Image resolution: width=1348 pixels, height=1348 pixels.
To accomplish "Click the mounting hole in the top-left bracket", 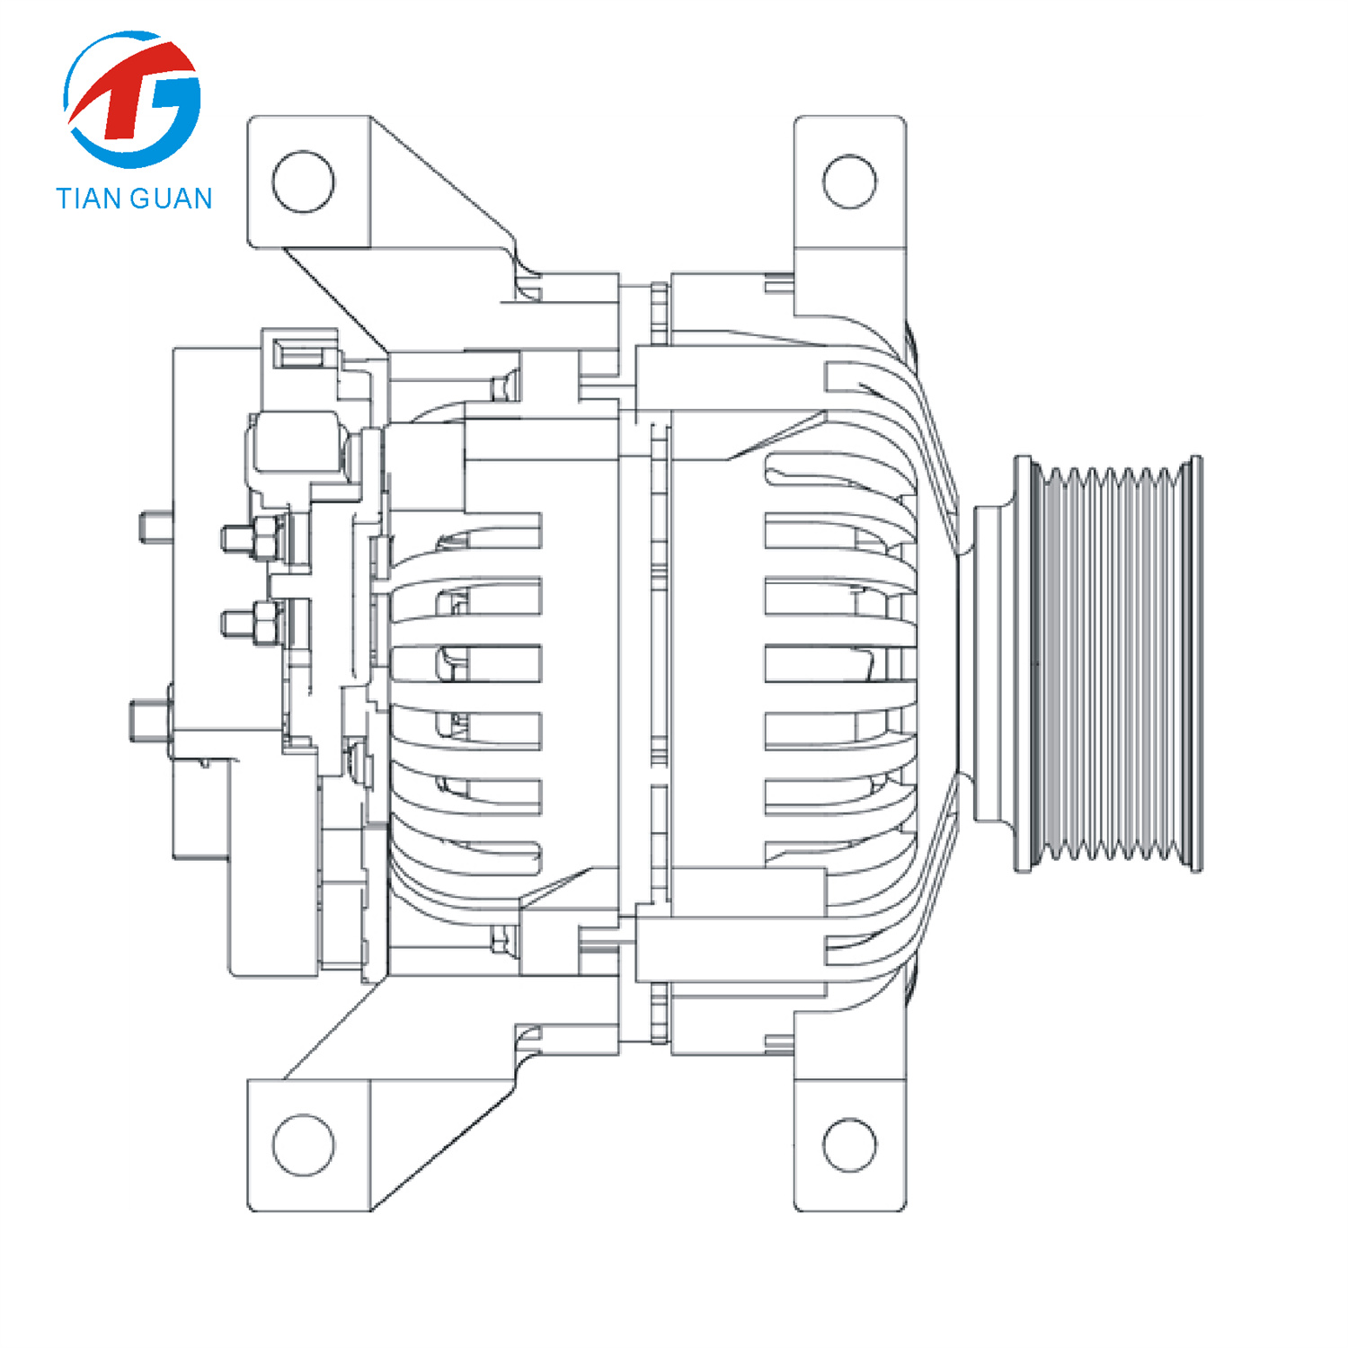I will [303, 181].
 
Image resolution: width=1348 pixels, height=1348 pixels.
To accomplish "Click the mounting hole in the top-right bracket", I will [849, 181].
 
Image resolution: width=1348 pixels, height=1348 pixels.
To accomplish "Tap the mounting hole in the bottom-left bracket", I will [303, 1144].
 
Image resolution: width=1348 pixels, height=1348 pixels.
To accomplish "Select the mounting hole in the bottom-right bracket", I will [849, 1144].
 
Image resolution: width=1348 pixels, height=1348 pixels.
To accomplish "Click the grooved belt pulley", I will [1110, 665].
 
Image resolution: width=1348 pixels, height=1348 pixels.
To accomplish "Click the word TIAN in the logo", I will [89, 199].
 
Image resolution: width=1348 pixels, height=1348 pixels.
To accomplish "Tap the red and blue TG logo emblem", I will [133, 99].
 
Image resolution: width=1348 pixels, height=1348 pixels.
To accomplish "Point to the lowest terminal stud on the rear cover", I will [149, 721].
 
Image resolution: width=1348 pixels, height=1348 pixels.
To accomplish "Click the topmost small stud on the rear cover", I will [155, 527].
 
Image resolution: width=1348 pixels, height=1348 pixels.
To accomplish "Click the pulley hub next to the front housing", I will [993, 665].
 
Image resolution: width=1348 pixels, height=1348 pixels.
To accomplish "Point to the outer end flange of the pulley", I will [1196, 665].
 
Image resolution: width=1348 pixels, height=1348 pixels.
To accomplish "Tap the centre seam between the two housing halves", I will [659, 665].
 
